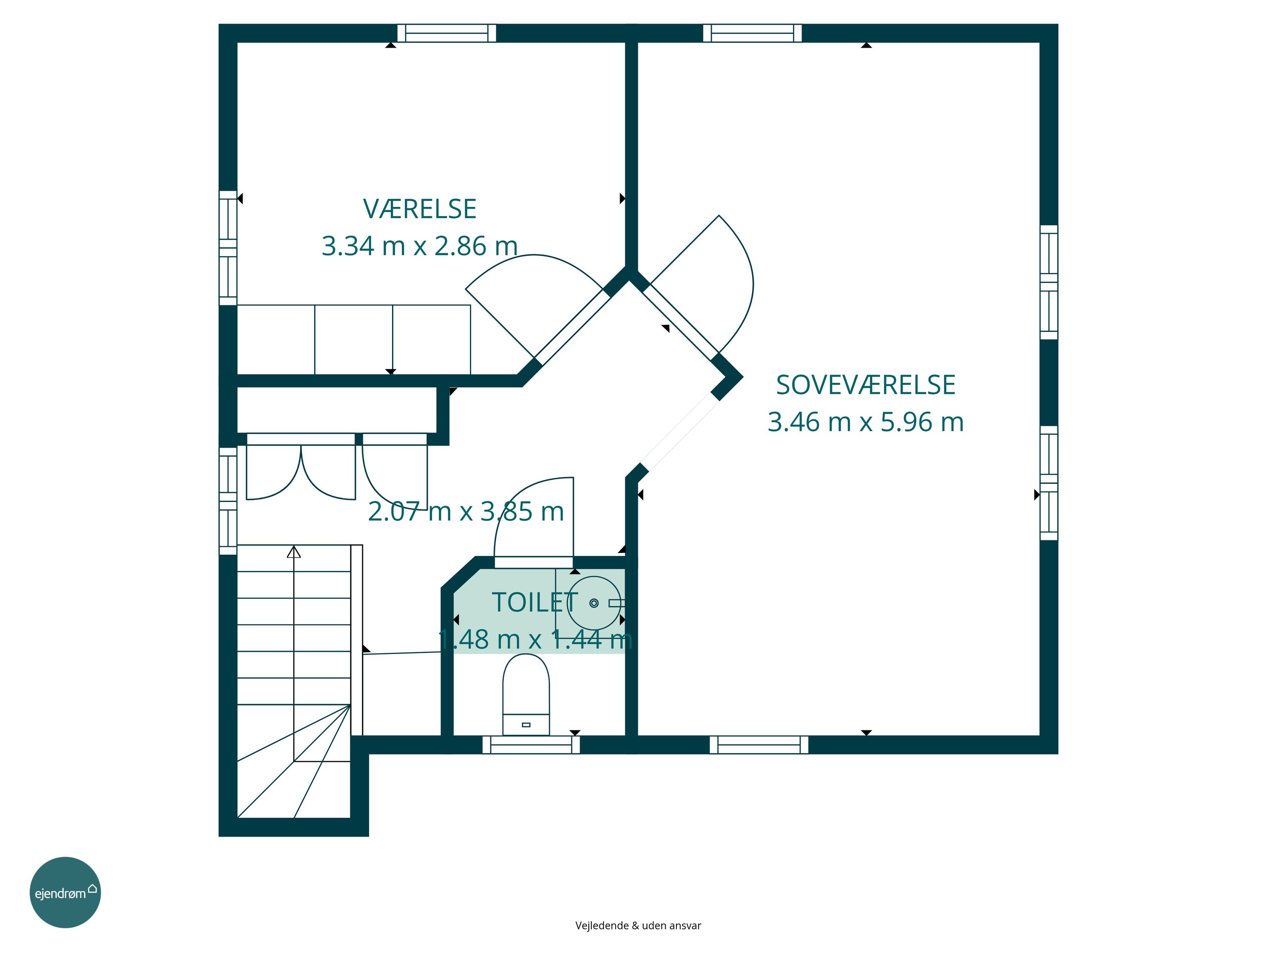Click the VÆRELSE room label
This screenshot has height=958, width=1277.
tap(420, 209)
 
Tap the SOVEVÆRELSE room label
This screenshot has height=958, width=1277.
tap(865, 385)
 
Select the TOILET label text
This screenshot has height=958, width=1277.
tap(535, 602)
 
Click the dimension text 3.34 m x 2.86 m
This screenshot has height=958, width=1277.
tap(420, 246)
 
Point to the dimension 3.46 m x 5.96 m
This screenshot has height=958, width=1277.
tap(865, 422)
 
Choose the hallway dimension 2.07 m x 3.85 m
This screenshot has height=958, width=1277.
tap(466, 512)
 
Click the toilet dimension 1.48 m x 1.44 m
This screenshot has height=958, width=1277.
tap(535, 639)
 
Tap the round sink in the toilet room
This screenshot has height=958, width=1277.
tap(594, 603)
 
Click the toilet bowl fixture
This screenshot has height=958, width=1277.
tap(526, 694)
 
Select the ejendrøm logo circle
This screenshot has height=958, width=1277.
tap(65, 892)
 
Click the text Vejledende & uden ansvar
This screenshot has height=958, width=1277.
tap(638, 925)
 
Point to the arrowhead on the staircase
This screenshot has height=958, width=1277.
tap(294, 552)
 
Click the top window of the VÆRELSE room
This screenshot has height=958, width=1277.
tap(447, 33)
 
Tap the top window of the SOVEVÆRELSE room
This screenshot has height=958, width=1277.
tap(752, 33)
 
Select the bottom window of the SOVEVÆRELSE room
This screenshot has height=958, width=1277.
tap(759, 745)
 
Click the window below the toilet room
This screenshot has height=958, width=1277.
tap(531, 745)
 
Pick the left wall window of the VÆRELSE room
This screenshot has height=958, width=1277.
tap(228, 248)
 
